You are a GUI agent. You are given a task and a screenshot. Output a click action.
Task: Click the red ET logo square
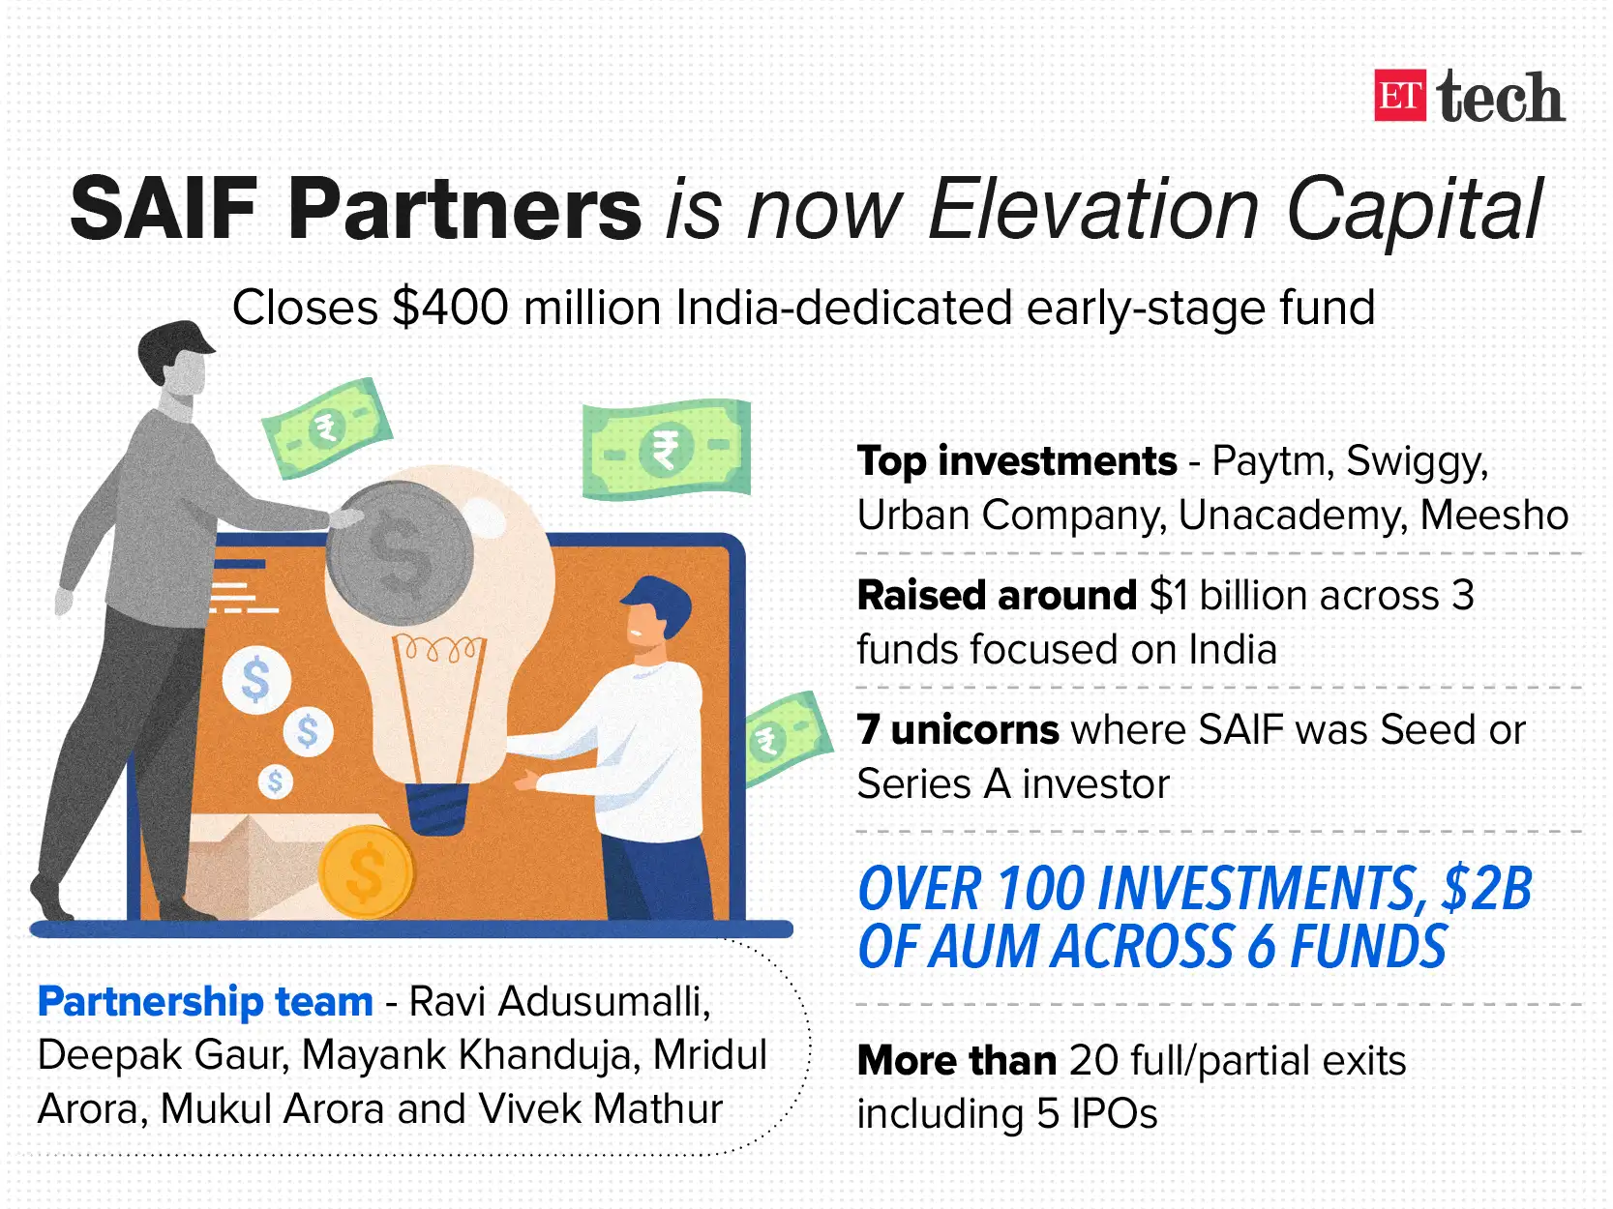(x=1399, y=96)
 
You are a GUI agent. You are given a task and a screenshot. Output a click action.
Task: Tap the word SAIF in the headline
(x=163, y=210)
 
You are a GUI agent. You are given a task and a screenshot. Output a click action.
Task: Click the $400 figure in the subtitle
(x=450, y=309)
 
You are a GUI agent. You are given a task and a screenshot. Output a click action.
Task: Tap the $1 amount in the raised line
(x=1169, y=596)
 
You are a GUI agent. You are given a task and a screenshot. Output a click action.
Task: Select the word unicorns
(x=974, y=730)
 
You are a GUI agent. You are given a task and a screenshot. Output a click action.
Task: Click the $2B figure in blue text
(x=1486, y=889)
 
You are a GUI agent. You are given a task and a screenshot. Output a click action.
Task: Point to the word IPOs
(x=1114, y=1114)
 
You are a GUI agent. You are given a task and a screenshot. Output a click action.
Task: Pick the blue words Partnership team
(x=205, y=1002)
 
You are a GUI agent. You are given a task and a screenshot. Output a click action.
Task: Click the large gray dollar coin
(x=400, y=554)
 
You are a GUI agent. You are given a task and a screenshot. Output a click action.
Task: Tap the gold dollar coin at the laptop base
(x=366, y=872)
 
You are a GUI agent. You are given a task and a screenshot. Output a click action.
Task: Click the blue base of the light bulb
(x=436, y=808)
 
